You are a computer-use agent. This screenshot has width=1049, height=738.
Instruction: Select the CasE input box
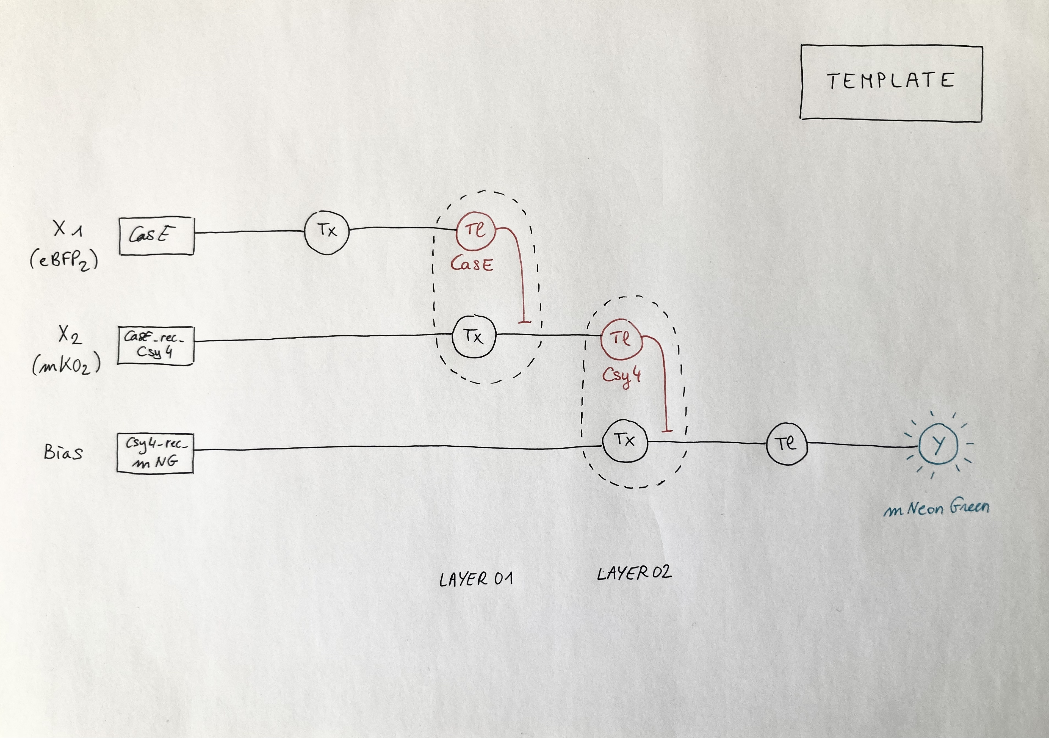(156, 235)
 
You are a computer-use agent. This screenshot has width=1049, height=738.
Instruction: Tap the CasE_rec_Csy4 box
(155, 345)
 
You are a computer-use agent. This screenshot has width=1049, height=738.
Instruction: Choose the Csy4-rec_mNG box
(155, 453)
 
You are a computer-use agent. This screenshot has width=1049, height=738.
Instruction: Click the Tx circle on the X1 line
(327, 231)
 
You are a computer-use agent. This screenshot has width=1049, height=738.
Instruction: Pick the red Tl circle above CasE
(476, 230)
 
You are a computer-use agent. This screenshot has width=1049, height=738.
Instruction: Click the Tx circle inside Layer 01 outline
(474, 337)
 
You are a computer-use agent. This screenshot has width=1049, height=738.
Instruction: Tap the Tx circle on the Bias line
(625, 441)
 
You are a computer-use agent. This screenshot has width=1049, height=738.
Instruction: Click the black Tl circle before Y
(786, 444)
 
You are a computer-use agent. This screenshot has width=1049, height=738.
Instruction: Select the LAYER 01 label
(476, 579)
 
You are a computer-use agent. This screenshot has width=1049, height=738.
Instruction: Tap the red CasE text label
(472, 264)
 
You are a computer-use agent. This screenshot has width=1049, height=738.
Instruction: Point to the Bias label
(63, 452)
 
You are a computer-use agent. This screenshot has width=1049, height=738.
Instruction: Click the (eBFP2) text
(64, 261)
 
